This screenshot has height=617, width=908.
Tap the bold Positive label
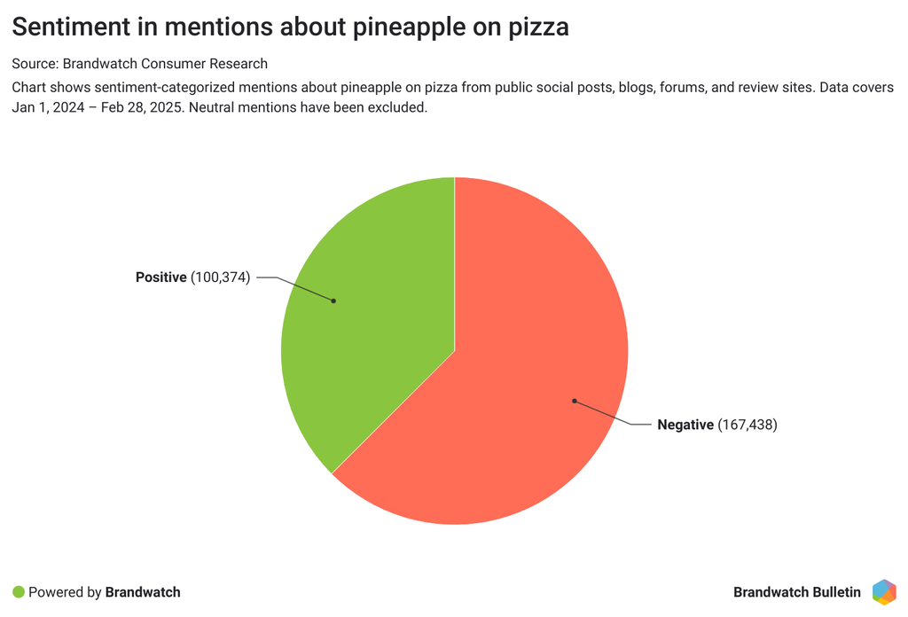pyautogui.click(x=161, y=277)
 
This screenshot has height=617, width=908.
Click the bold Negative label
pyautogui.click(x=685, y=425)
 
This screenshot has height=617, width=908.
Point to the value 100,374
pyautogui.click(x=221, y=277)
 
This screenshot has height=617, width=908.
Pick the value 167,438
pyautogui.click(x=747, y=425)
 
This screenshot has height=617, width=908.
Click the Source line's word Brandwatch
pyautogui.click(x=98, y=64)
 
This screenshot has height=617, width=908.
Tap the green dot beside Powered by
pyautogui.click(x=19, y=591)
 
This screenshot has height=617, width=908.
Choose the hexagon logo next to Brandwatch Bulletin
pyautogui.click(x=883, y=591)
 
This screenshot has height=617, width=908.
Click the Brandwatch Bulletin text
pyautogui.click(x=797, y=591)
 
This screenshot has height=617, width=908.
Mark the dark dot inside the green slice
pyautogui.click(x=333, y=301)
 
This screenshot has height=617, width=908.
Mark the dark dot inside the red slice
pyautogui.click(x=575, y=401)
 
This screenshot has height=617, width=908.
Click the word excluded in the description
pyautogui.click(x=401, y=108)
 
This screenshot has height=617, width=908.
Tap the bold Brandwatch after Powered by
pyautogui.click(x=143, y=591)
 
